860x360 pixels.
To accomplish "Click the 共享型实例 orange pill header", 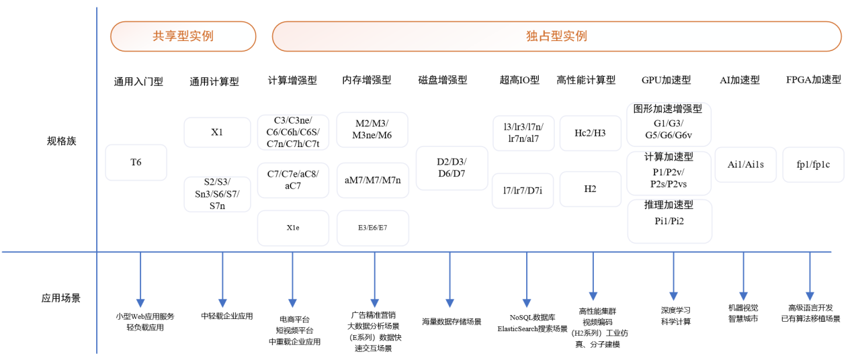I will point(183,36).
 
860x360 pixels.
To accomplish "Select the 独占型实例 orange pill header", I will point(556,36).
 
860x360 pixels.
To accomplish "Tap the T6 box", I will point(136,163).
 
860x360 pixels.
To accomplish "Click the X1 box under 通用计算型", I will point(216,132).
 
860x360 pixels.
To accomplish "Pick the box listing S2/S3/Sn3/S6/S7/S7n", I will point(216,194).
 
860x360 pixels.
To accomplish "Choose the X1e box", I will point(293,228).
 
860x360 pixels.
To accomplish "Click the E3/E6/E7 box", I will point(372,228).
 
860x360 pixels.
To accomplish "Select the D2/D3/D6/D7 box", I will point(451,168).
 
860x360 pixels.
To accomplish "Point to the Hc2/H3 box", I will point(590,133).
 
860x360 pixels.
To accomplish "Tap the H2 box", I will point(590,189).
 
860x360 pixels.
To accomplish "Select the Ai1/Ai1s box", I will point(745,165).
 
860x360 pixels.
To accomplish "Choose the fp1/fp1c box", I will point(813,165).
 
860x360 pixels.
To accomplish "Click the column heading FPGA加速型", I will point(813,80).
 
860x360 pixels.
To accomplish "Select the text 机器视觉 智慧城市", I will point(743,314).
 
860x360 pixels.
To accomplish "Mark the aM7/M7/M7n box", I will point(372,180).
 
